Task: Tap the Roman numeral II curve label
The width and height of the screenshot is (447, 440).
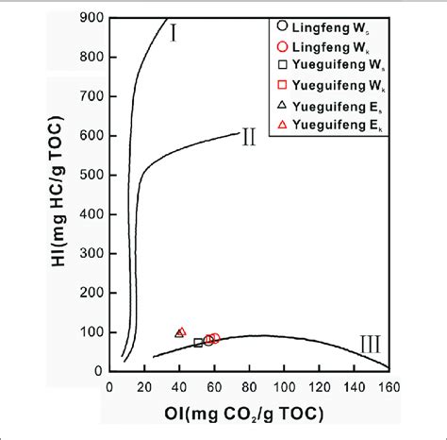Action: coord(248,138)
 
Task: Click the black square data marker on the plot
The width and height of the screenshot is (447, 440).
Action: coord(198,343)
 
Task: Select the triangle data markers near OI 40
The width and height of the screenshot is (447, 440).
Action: coord(181,332)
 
